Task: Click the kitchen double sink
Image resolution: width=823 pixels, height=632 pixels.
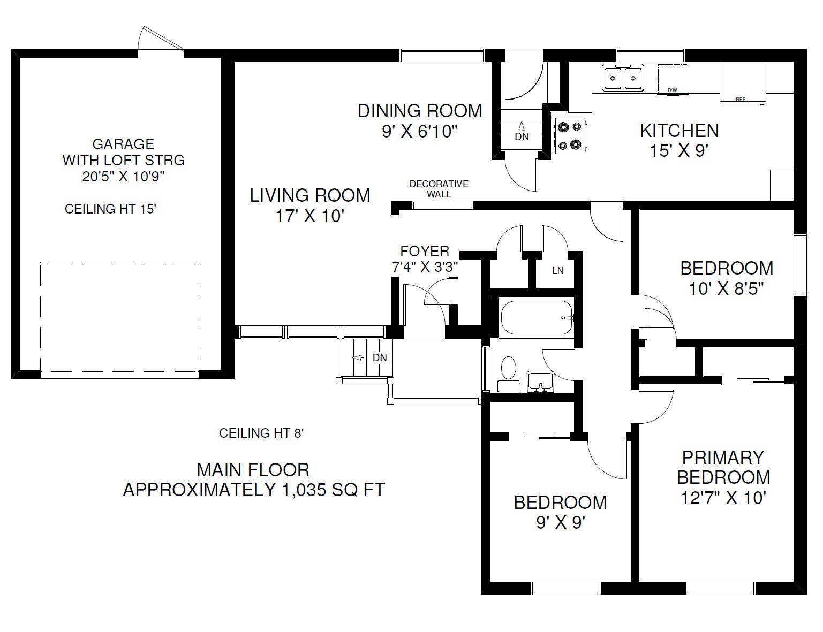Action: [623, 78]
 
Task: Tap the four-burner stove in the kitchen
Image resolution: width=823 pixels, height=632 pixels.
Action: [569, 135]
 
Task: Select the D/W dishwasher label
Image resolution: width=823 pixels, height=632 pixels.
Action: [672, 90]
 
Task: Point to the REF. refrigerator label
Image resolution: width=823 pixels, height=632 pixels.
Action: [741, 99]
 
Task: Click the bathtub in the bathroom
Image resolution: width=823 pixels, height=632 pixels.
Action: [537, 317]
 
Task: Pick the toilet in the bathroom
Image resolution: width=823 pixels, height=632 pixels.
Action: [508, 374]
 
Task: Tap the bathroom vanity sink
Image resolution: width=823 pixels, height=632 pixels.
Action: [540, 382]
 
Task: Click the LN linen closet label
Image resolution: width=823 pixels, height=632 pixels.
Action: [558, 271]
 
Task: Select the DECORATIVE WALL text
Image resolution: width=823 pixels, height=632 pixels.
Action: [439, 189]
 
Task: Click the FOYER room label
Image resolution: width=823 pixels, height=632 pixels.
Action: [425, 251]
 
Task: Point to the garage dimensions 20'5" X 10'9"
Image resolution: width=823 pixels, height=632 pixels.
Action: [124, 177]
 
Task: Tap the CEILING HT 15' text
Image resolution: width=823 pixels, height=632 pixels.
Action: [111, 209]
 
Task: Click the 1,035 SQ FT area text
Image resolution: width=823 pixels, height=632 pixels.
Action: [334, 490]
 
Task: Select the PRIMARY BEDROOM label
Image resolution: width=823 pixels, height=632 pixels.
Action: [723, 467]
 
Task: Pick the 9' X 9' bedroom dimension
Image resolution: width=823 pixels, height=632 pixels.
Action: [561, 523]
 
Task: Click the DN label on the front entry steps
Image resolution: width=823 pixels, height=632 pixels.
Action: [380, 357]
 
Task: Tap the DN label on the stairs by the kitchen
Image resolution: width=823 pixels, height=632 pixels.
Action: [522, 136]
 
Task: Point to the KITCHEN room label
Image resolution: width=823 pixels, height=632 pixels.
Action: [679, 131]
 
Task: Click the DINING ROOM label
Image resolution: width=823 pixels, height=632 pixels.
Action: [420, 111]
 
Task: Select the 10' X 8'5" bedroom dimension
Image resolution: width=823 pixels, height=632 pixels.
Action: [726, 289]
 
